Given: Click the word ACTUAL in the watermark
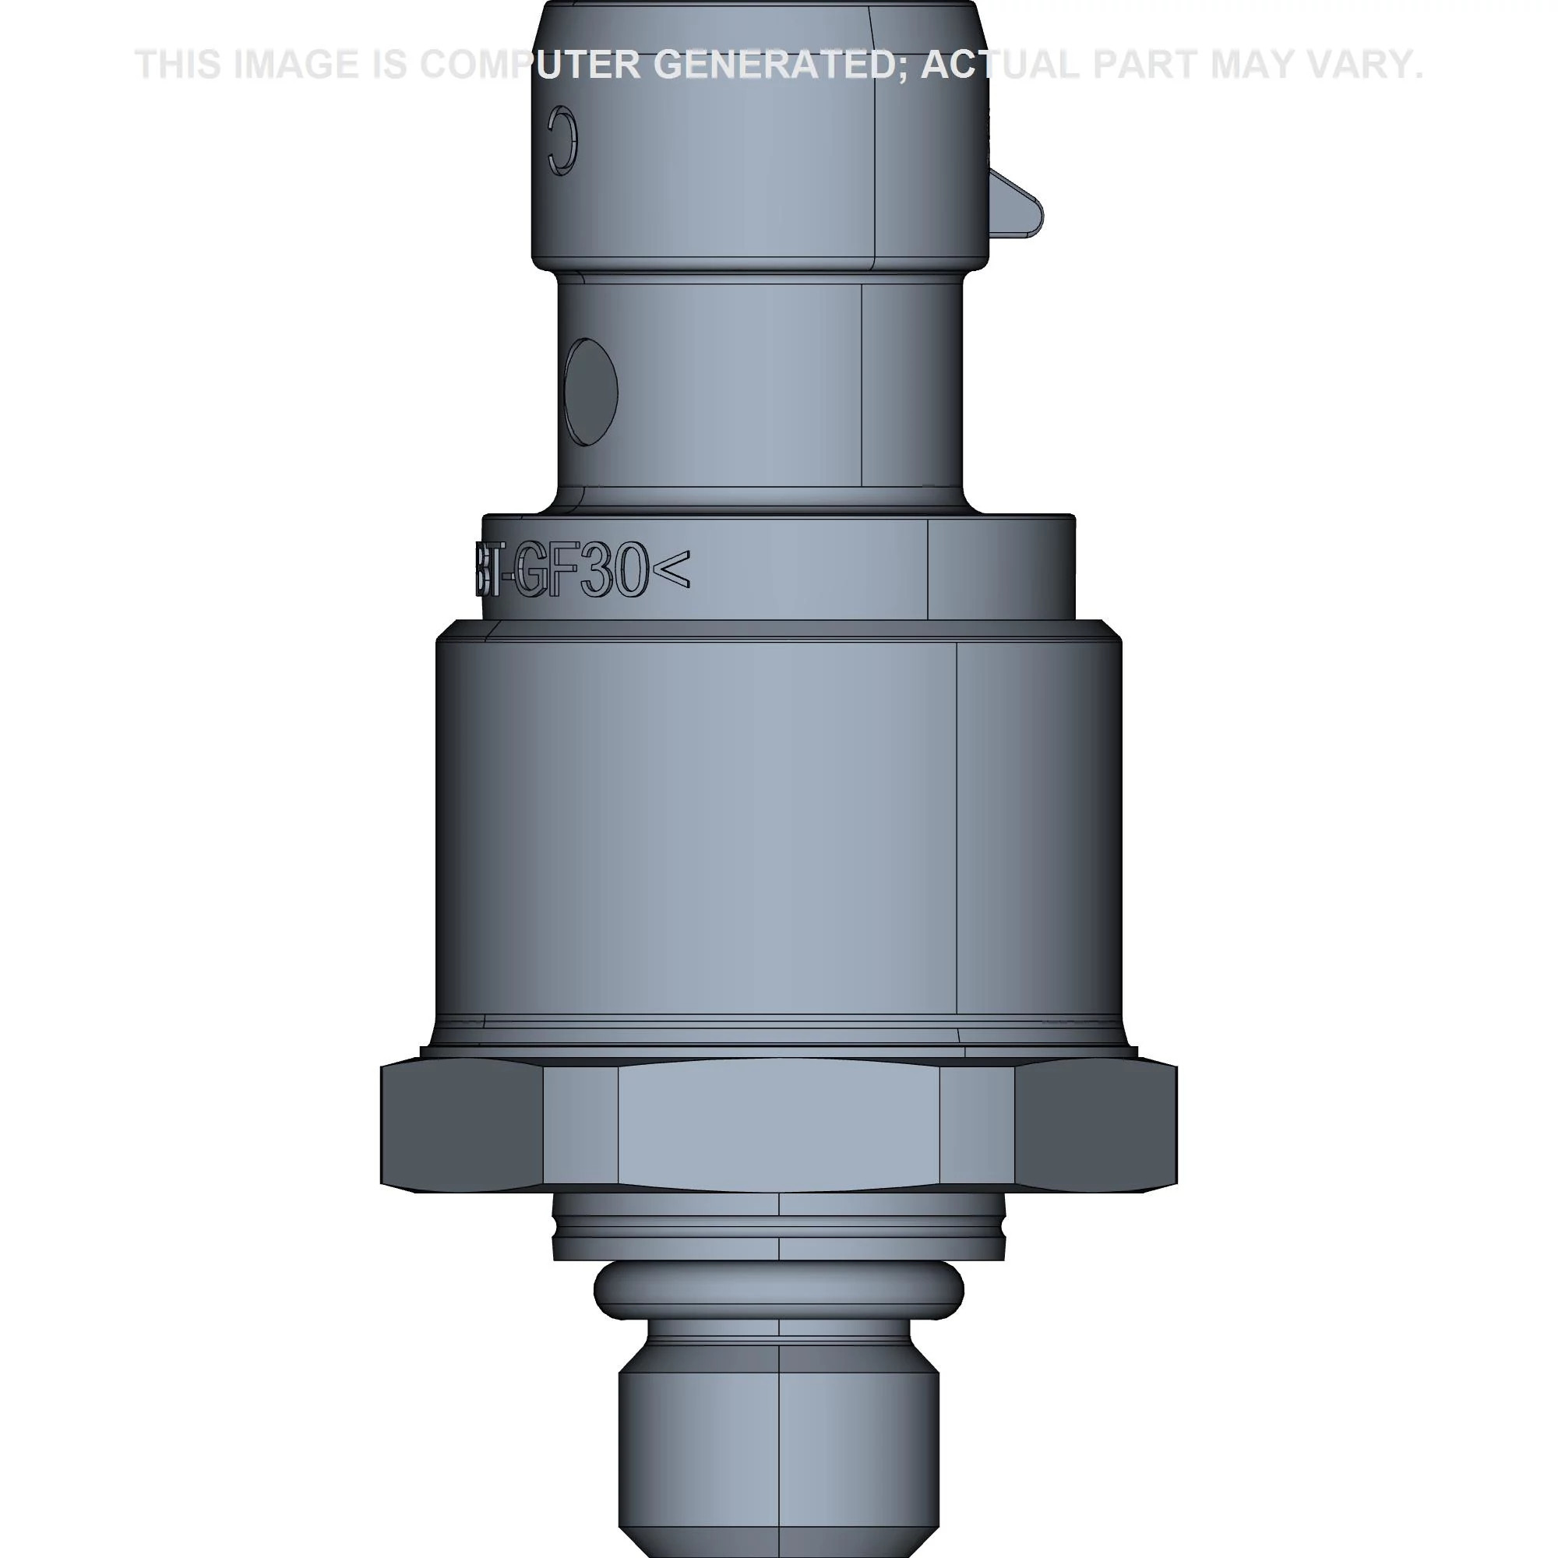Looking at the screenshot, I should [999, 65].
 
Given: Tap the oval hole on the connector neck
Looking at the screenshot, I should [591, 392].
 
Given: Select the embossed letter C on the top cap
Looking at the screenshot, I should [562, 140].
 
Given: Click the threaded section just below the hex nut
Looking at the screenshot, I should [778, 1234].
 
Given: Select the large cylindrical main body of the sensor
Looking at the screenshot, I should [778, 830].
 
